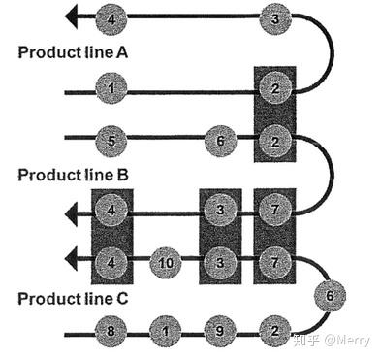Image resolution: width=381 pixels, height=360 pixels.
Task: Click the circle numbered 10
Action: point(166,263)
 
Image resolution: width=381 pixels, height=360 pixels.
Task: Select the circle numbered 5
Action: point(111,142)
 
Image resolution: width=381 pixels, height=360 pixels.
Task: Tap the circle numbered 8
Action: point(111,331)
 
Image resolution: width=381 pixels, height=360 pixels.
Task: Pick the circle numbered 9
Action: point(220,331)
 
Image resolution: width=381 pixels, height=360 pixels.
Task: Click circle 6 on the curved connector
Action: point(330,296)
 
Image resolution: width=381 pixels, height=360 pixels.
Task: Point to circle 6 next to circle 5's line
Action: point(220,141)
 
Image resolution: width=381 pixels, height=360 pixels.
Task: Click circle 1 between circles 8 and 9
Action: point(166,331)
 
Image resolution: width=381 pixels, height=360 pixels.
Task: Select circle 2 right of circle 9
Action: point(275,331)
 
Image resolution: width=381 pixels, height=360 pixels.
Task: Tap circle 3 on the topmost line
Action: point(275,18)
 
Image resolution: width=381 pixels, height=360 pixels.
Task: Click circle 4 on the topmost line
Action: point(111,19)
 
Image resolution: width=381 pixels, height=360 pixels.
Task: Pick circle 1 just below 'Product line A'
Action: point(111,88)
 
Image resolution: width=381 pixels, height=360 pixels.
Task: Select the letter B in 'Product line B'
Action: point(121,175)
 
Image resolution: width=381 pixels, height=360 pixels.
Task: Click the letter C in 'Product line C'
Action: point(121,299)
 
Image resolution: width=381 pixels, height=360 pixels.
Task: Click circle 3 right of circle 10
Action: point(220,262)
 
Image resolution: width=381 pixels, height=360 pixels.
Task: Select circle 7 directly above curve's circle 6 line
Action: point(275,262)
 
